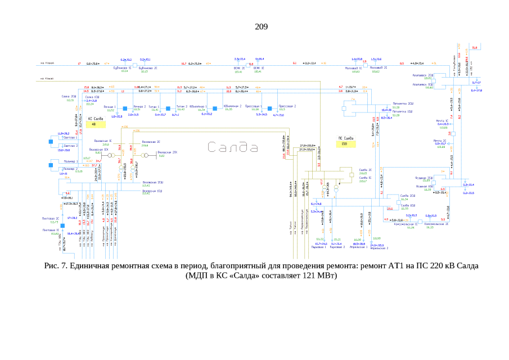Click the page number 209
[x=261, y=26]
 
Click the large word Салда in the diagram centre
[x=233, y=148]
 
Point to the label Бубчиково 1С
[x=123, y=67]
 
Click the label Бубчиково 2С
[x=148, y=67]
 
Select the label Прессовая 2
[x=287, y=106]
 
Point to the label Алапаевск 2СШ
[x=424, y=75]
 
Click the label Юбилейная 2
[x=232, y=106]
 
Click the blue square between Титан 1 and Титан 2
[x=167, y=107]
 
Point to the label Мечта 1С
[x=442, y=121]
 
